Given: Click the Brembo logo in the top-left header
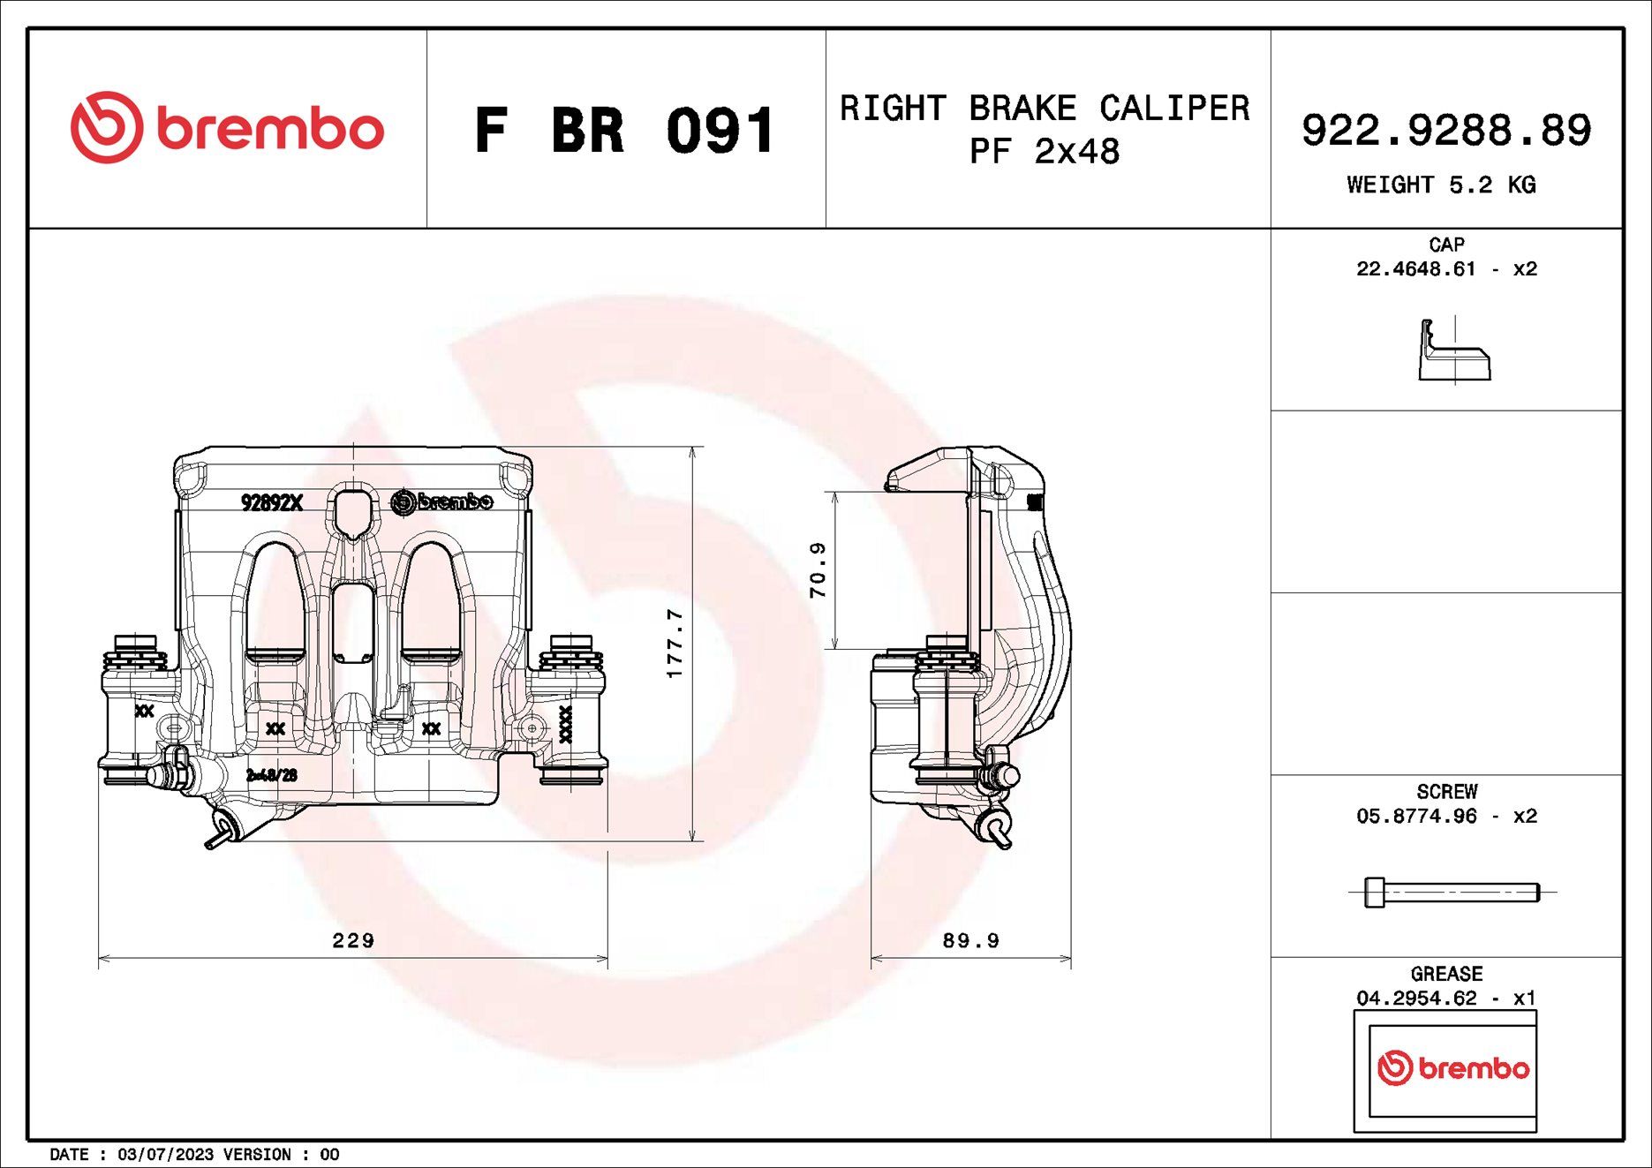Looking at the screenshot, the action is pos(228,127).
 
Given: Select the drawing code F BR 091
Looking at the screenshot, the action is pos(625,131).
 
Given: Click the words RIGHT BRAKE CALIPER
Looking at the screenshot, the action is pos(1045,109).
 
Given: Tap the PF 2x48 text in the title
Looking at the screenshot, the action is pos(1045,152).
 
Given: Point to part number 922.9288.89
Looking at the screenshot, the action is pos(1446,130).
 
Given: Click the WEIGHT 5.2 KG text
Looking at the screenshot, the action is pos(1441,185).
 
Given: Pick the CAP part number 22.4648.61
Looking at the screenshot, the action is pos(1415,269).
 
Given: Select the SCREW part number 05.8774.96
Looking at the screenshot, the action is pos(1416,817).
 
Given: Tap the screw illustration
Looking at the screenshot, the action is pos(1452,893).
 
